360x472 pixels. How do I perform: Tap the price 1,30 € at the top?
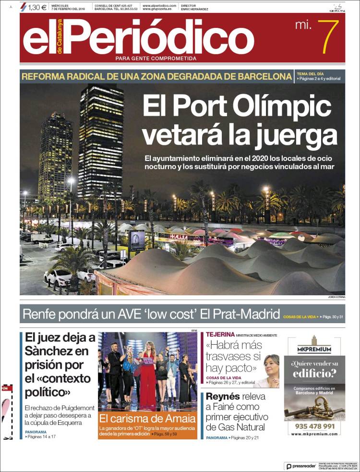[x=37, y=7]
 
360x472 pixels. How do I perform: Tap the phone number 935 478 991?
[x=314, y=426]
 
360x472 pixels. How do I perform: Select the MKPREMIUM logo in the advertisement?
[x=314, y=345]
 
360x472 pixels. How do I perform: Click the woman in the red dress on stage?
[x=147, y=379]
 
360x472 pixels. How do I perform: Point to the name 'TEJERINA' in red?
[x=220, y=335]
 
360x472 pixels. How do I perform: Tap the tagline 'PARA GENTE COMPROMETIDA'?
[x=156, y=59]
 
